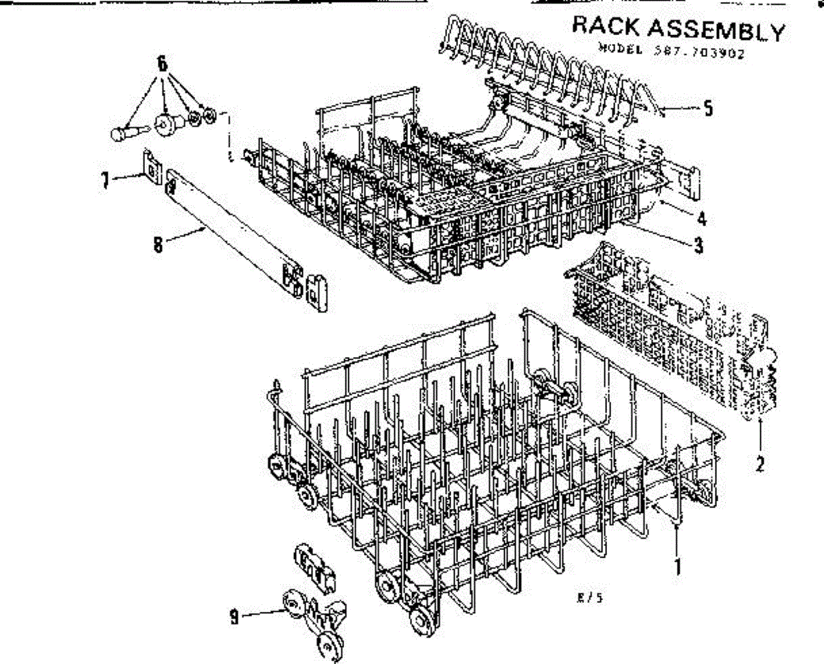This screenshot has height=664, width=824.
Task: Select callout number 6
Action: [x=162, y=63]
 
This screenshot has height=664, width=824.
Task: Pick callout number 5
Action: [x=709, y=108]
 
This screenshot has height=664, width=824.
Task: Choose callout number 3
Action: [x=698, y=244]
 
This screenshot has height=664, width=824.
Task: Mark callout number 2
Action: [x=759, y=463]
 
